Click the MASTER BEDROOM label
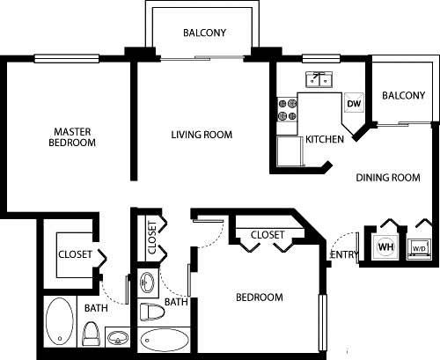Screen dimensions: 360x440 click(71, 138)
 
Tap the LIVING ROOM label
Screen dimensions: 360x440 click(202, 135)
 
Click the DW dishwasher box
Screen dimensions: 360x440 click(354, 104)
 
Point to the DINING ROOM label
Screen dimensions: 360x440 click(388, 178)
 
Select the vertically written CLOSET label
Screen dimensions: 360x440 click(151, 236)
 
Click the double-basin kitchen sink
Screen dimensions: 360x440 click(318, 80)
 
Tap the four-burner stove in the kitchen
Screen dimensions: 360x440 click(287, 109)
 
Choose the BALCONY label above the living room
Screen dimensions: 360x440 click(205, 33)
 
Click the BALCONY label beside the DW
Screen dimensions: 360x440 click(404, 95)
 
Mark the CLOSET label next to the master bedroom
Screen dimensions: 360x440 click(76, 254)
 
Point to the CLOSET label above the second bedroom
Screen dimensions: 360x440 click(267, 235)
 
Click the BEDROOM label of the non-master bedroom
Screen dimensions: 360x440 click(260, 298)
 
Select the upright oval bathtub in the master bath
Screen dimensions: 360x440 click(60, 323)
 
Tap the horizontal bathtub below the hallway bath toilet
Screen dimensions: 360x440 click(164, 341)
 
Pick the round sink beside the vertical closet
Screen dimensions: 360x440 click(147, 283)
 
